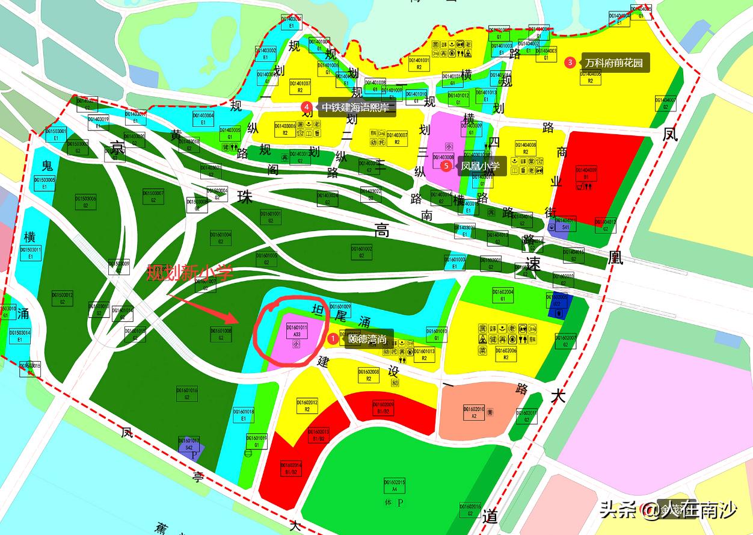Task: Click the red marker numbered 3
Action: point(570,62)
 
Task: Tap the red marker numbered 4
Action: point(307,107)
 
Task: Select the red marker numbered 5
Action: point(446,165)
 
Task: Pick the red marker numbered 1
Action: point(333,339)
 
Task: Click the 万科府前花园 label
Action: point(614,63)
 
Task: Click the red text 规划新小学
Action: point(190,273)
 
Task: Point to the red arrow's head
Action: point(238,318)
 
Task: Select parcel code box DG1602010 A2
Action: point(474,412)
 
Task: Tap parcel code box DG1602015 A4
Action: point(395,486)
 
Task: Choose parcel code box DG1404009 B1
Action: point(586,174)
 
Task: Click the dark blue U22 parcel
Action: point(558,305)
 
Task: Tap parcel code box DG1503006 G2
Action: point(86,202)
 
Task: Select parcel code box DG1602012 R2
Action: point(307,406)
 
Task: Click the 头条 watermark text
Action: point(619,510)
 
